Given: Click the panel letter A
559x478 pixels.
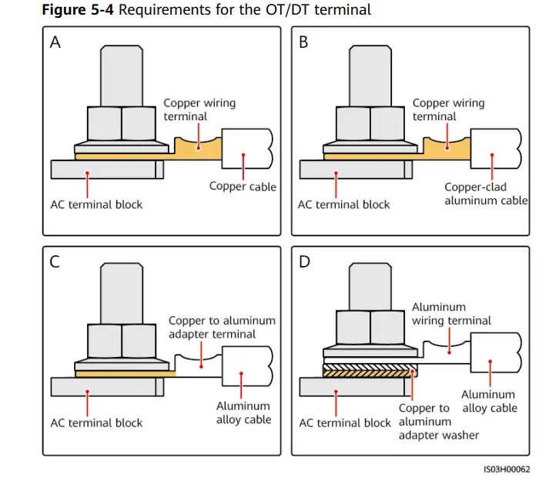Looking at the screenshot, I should click(55, 42).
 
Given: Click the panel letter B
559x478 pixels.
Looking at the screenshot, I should click(303, 42).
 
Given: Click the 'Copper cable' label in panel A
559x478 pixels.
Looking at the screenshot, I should click(243, 187).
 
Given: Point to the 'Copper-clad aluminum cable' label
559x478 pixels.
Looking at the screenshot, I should click(486, 194).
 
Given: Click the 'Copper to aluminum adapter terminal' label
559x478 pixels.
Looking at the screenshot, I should click(222, 327).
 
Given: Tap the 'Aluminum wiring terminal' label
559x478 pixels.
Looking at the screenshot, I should click(451, 314).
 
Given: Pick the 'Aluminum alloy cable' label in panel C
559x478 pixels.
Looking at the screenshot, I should click(243, 412).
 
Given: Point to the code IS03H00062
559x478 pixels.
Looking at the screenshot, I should click(507, 467).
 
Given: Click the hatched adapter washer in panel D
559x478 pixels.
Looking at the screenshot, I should click(370, 372).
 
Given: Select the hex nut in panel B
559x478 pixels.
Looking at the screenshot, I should click(370, 123).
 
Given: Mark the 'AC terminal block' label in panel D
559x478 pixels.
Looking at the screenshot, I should click(345, 422).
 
